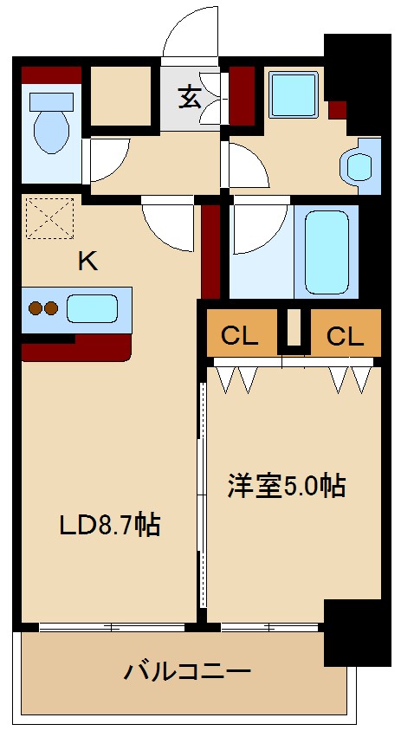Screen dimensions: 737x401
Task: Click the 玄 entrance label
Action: click(191, 96)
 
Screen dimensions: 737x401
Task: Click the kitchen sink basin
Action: click(91, 308)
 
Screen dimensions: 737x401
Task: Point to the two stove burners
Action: click(43, 308)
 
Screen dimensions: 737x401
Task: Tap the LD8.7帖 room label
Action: click(109, 525)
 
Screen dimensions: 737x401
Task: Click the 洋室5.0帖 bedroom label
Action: click(287, 486)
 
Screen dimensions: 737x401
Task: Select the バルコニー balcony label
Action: click(187, 671)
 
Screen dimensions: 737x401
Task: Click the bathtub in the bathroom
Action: click(326, 252)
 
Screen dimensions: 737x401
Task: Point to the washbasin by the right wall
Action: click(358, 165)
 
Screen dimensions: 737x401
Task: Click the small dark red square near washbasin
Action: click(337, 109)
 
